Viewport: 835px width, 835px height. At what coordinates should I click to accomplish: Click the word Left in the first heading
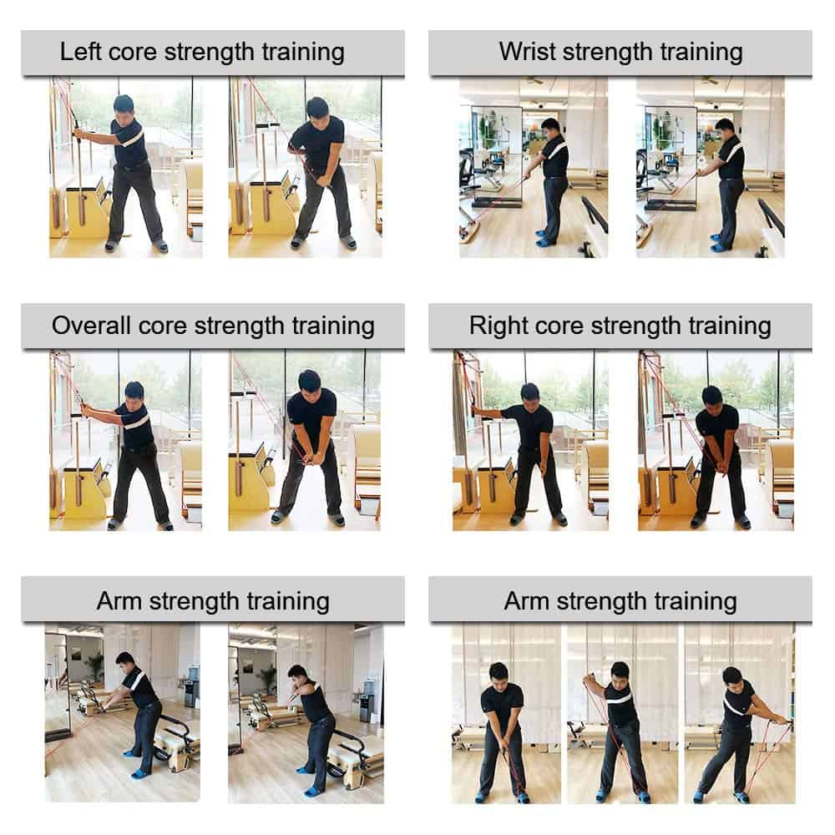78,52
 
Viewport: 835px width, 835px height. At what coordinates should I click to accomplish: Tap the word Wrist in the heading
527,52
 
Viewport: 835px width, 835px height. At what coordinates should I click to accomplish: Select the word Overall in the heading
91,326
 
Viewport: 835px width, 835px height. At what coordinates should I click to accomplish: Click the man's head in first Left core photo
124,107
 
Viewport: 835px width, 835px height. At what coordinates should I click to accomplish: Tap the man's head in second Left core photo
316,110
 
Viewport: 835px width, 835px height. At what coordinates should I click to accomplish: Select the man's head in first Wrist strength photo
550,129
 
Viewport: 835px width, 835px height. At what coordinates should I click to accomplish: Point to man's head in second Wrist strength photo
724,129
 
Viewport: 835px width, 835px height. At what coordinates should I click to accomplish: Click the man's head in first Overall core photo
134,393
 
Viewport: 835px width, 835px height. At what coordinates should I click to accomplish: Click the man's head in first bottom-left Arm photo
124,664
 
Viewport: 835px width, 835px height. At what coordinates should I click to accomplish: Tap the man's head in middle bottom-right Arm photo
620,673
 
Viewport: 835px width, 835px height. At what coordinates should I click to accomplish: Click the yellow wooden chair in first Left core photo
86,208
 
